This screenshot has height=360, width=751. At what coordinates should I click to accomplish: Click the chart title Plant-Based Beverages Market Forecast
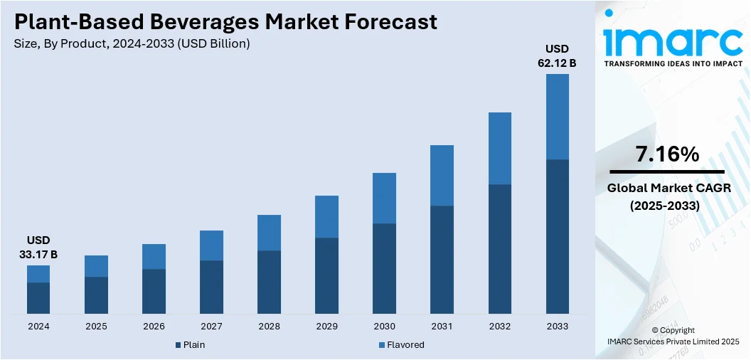pos(226,22)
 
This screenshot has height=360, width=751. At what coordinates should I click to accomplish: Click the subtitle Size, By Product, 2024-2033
pos(132,44)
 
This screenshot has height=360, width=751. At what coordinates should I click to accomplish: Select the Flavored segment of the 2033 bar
pos(558,117)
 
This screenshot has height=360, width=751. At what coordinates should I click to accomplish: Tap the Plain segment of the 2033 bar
pos(558,236)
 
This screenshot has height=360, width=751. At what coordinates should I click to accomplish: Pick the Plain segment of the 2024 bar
pos(38,297)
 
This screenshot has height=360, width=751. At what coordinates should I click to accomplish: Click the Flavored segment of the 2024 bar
pos(38,274)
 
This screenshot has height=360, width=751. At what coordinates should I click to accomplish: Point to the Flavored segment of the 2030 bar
pos(385,198)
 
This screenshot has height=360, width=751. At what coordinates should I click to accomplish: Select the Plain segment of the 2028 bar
pos(269,282)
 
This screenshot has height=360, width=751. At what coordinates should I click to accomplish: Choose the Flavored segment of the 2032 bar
pos(500,148)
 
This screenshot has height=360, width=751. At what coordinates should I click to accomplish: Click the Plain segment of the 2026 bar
pos(154,291)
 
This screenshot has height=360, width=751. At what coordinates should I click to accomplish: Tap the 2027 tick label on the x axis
pos(211,327)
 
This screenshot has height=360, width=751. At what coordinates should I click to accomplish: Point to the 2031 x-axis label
pos(442,327)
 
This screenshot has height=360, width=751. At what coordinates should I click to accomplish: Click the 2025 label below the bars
pos(96,327)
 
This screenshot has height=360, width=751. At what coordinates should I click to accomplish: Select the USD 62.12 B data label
pos(557,56)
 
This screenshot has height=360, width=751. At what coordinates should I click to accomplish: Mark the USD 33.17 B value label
pos(38,247)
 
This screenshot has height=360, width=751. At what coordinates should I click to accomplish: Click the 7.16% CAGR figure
pos(668,154)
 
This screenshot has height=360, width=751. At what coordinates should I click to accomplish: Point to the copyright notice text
pos(673,336)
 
